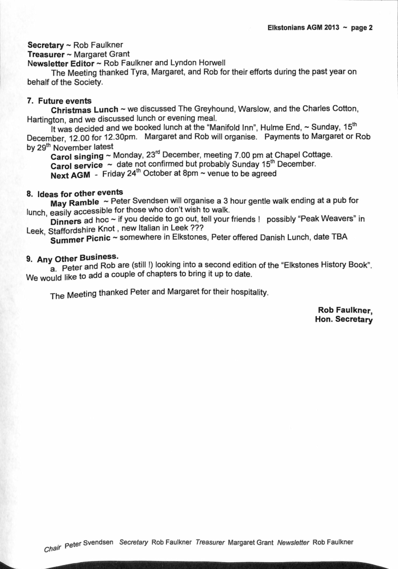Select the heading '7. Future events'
[x=55, y=101]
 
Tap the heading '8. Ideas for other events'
[x=74, y=193]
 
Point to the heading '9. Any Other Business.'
[x=72, y=258]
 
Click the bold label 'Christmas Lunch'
[x=85, y=109]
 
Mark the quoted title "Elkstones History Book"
[x=321, y=266]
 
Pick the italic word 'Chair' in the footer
[x=52, y=549]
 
